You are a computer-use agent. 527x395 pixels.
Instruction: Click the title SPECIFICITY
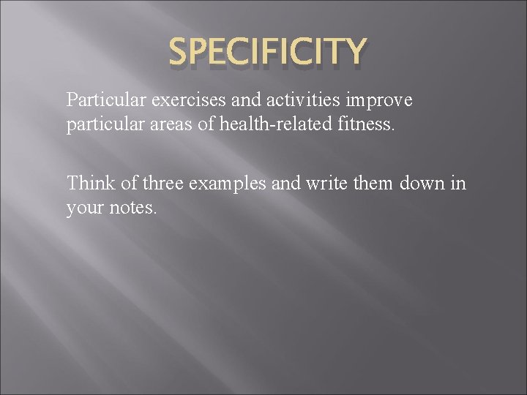(267, 53)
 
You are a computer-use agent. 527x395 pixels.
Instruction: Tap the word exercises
(167, 99)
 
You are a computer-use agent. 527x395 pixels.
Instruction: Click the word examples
(228, 184)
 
